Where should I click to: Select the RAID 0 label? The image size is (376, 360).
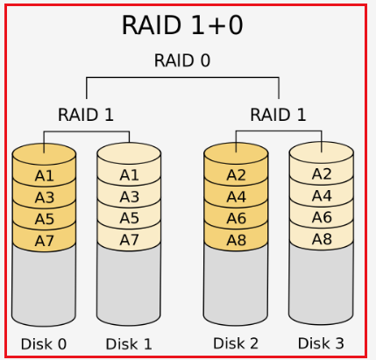(181, 60)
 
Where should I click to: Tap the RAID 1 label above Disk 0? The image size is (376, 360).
(86, 114)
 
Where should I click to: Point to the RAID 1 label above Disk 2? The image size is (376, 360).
(278, 114)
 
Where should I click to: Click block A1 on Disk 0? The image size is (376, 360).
(44, 176)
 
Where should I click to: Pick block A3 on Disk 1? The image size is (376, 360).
(129, 197)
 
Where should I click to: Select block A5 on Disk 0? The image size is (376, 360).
(44, 218)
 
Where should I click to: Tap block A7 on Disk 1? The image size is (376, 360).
(129, 239)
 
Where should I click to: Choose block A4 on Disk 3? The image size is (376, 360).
(322, 196)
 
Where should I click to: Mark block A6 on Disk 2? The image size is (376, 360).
(236, 217)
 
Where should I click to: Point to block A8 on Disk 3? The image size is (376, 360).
(322, 238)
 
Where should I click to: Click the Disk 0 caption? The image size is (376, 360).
(44, 343)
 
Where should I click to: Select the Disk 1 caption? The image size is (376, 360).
(129, 343)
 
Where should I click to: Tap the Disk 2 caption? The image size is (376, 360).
(236, 342)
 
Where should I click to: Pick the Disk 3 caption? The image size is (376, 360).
(321, 342)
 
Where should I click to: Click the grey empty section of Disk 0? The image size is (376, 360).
(44, 285)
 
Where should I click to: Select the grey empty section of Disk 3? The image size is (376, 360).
(322, 285)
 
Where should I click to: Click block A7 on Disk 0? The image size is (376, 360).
(44, 239)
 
